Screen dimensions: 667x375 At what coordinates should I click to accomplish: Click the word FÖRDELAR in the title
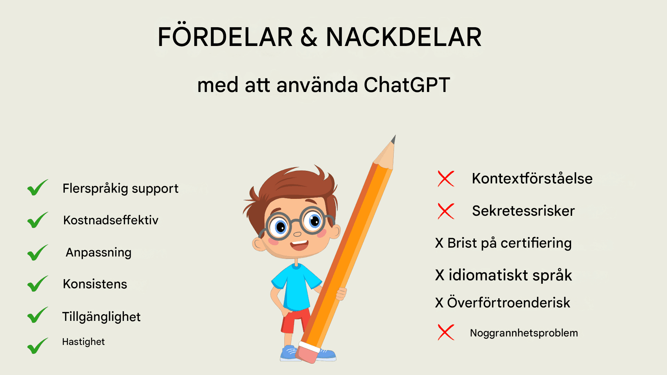click(x=225, y=36)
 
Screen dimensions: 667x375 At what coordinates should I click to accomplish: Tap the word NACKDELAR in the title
click(x=404, y=37)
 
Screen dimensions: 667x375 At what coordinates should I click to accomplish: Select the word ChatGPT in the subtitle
click(x=407, y=85)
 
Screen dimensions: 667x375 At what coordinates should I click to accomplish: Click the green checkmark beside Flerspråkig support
click(x=38, y=187)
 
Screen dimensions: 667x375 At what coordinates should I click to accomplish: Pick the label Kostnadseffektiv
click(x=111, y=220)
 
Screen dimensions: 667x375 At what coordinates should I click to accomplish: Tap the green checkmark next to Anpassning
click(x=38, y=252)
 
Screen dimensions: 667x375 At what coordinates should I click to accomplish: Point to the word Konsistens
click(x=95, y=284)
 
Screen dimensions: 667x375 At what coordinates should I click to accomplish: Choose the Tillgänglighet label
click(x=101, y=317)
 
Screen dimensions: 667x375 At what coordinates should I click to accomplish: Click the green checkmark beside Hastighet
click(x=38, y=346)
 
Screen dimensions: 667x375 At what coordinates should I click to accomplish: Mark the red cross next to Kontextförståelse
click(x=446, y=179)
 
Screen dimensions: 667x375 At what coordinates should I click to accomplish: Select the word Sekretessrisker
click(x=523, y=211)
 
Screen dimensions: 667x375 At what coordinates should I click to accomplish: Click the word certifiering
click(x=536, y=243)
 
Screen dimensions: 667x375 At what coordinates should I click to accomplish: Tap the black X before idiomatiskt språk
click(x=440, y=275)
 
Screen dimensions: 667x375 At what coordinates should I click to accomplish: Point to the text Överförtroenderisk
click(x=508, y=303)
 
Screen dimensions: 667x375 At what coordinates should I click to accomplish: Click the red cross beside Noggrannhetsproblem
click(x=446, y=332)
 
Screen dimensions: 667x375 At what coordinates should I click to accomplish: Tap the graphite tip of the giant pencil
click(x=394, y=139)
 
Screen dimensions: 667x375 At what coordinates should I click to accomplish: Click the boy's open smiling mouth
click(x=299, y=245)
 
